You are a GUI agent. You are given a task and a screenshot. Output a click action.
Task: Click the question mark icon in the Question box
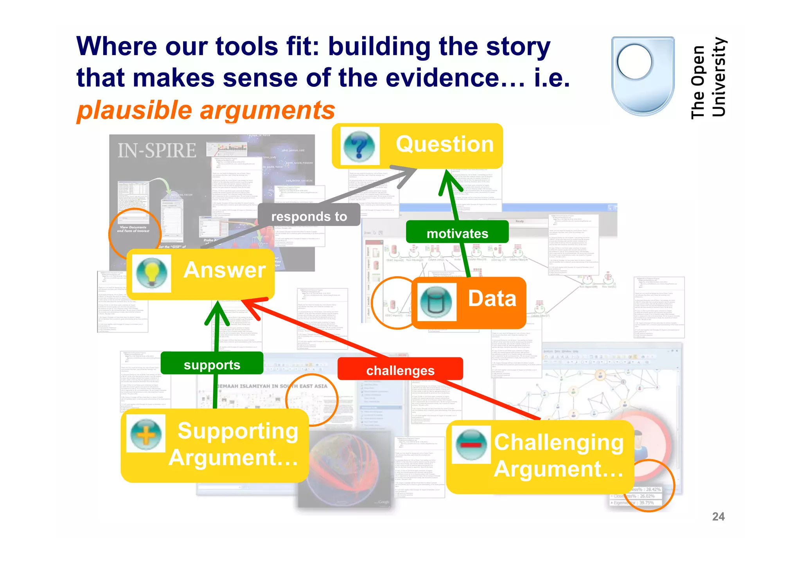(359, 146)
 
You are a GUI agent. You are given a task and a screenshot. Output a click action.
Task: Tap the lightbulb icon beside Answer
(152, 273)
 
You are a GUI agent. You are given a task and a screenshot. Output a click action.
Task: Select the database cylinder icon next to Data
(436, 302)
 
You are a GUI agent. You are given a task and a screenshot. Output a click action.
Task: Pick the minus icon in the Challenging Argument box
(471, 444)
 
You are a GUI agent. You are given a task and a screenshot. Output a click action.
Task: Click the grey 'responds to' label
(309, 216)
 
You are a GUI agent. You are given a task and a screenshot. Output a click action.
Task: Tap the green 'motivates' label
(457, 233)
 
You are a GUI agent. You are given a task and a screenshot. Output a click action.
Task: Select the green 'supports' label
(212, 365)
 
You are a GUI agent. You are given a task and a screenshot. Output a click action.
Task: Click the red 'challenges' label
(400, 370)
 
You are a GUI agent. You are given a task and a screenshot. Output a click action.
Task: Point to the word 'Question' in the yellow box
(445, 144)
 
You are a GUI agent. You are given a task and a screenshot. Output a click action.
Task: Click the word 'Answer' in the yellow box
(224, 270)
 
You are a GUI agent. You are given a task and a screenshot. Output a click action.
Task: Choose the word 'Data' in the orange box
(492, 298)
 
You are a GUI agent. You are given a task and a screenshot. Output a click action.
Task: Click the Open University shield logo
(643, 76)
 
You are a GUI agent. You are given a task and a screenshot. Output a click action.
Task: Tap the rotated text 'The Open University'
(708, 78)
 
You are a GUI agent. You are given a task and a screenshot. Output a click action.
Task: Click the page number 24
(718, 516)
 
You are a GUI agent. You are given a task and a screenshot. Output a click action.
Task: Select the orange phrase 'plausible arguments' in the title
(206, 110)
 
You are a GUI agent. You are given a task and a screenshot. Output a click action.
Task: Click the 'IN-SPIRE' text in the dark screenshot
(157, 151)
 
